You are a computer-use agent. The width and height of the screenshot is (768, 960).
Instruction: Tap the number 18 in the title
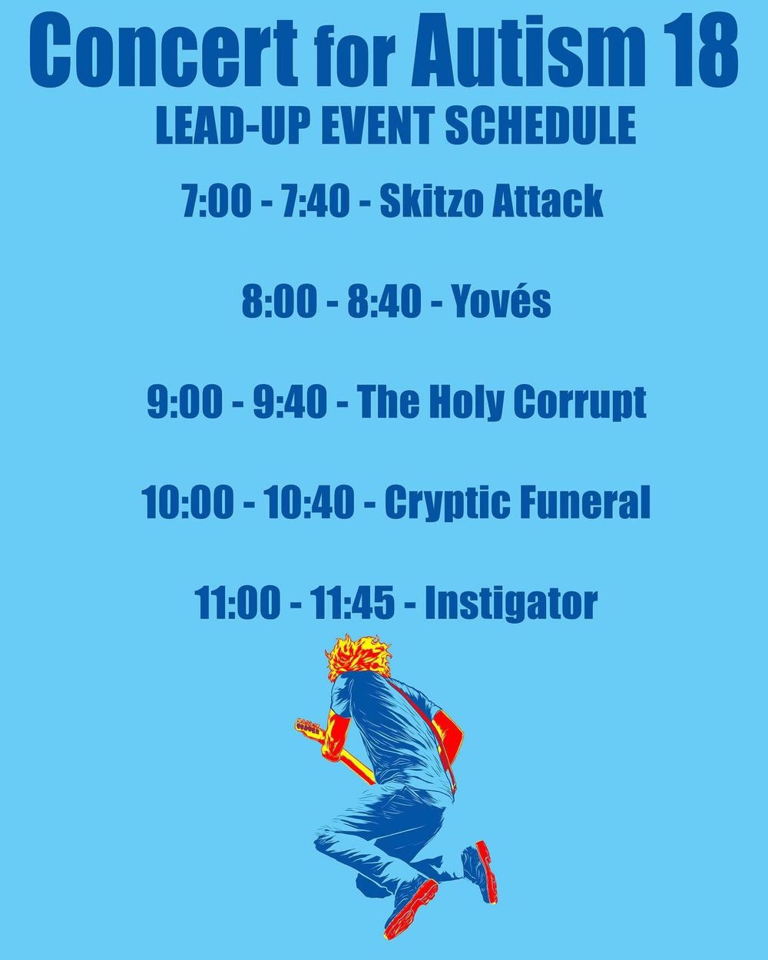click(x=700, y=51)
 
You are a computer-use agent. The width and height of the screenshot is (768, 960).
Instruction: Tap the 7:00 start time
click(x=217, y=201)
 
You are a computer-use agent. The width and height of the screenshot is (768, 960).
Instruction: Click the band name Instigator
click(x=511, y=604)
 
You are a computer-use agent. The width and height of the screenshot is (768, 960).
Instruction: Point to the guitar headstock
click(x=309, y=727)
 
